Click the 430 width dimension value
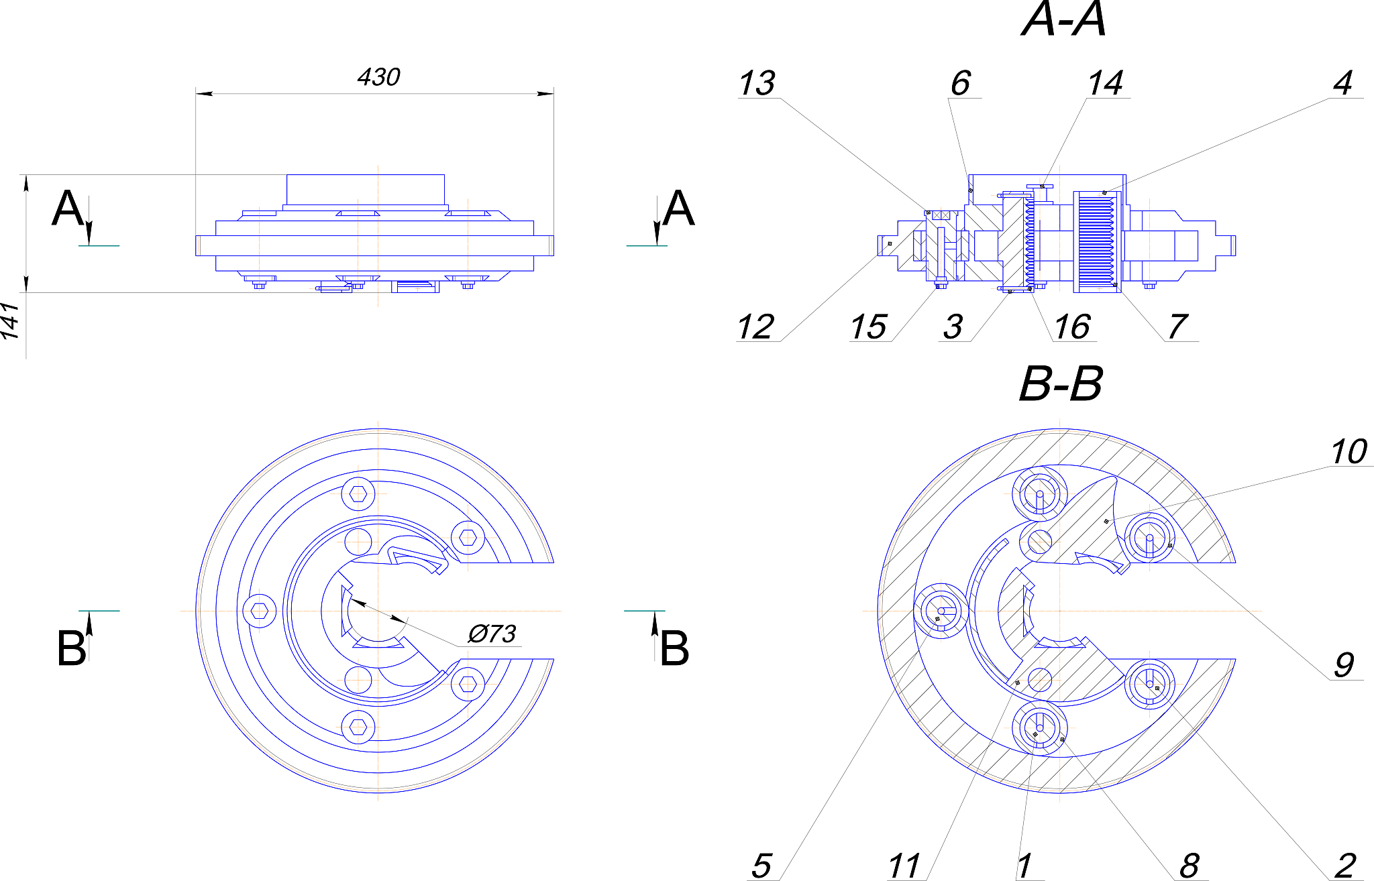coord(378,77)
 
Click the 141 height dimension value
coord(10,320)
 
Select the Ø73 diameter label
coord(492,634)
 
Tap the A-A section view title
coord(1063,19)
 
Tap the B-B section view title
coord(1060,384)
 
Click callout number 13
coord(757,84)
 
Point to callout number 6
coord(960,84)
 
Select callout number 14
coord(1105,84)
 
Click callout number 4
coord(1342,84)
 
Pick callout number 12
coord(755,327)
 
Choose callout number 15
coord(868,327)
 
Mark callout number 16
coord(1071,327)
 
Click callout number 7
coord(1177,327)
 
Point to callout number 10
coord(1349,452)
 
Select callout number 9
coord(1344,665)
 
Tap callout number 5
coord(761,866)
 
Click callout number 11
coord(904,866)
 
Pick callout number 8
coord(1189,866)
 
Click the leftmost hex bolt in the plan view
coord(260,611)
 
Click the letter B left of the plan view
coord(71,648)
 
